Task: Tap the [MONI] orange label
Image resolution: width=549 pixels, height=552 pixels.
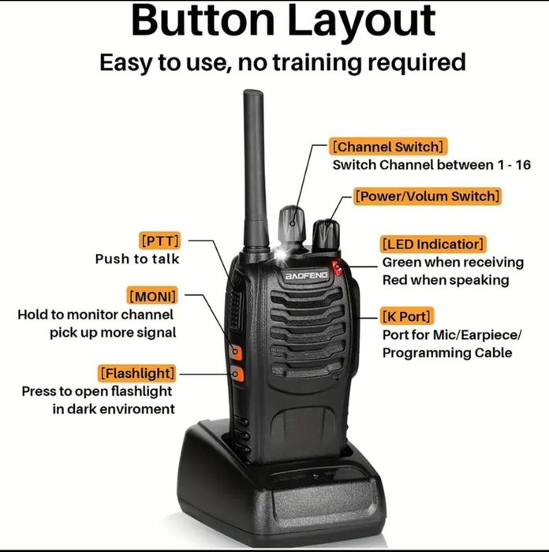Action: (x=152, y=296)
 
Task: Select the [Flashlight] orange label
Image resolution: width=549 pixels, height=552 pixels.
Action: (x=137, y=372)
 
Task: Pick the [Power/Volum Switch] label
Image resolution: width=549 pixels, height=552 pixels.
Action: (x=427, y=196)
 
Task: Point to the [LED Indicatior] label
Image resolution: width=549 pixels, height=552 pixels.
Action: (x=432, y=244)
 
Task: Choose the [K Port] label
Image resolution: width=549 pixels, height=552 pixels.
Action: (x=407, y=316)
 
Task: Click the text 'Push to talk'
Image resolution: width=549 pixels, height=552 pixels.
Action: (x=137, y=259)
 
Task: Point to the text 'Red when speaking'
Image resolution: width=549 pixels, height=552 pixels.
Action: (x=446, y=280)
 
